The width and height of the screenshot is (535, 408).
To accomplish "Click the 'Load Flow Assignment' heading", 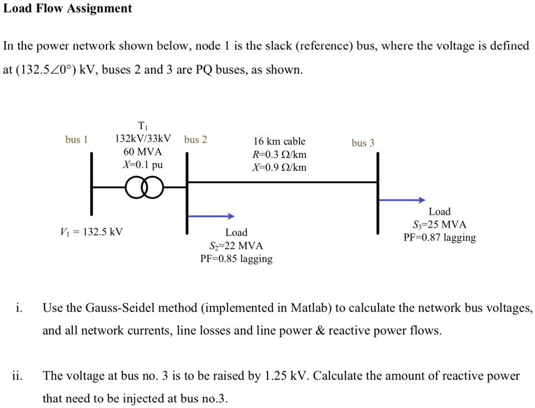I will pos(67,8).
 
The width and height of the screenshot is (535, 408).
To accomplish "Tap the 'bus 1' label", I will pos(76,140).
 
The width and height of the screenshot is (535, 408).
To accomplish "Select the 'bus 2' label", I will pos(196,140).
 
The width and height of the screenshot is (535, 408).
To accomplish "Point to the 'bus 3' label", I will pos(363,143).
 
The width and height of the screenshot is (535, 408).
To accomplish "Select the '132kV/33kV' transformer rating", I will pos(143,138).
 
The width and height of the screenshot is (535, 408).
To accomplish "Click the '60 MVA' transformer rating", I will pos(143,152).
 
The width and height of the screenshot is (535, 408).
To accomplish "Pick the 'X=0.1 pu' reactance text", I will pos(143,165).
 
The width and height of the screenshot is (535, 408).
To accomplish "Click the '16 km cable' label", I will pos(279,142).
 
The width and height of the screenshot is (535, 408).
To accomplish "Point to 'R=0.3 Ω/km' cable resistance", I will pos(279,155).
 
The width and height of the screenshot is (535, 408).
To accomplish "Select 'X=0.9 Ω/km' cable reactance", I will pos(279,167).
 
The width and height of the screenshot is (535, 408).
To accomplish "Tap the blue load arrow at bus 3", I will pos(402,200).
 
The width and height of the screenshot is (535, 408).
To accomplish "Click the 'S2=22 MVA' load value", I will pos(236,246).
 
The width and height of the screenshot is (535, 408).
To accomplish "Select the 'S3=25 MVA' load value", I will pos(440,225).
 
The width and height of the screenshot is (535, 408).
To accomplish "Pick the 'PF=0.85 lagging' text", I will pos(236,259).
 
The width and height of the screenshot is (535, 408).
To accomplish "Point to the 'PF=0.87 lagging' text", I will pos(440,238).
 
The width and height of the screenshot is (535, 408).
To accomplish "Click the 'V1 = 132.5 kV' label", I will pos(91,232).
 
